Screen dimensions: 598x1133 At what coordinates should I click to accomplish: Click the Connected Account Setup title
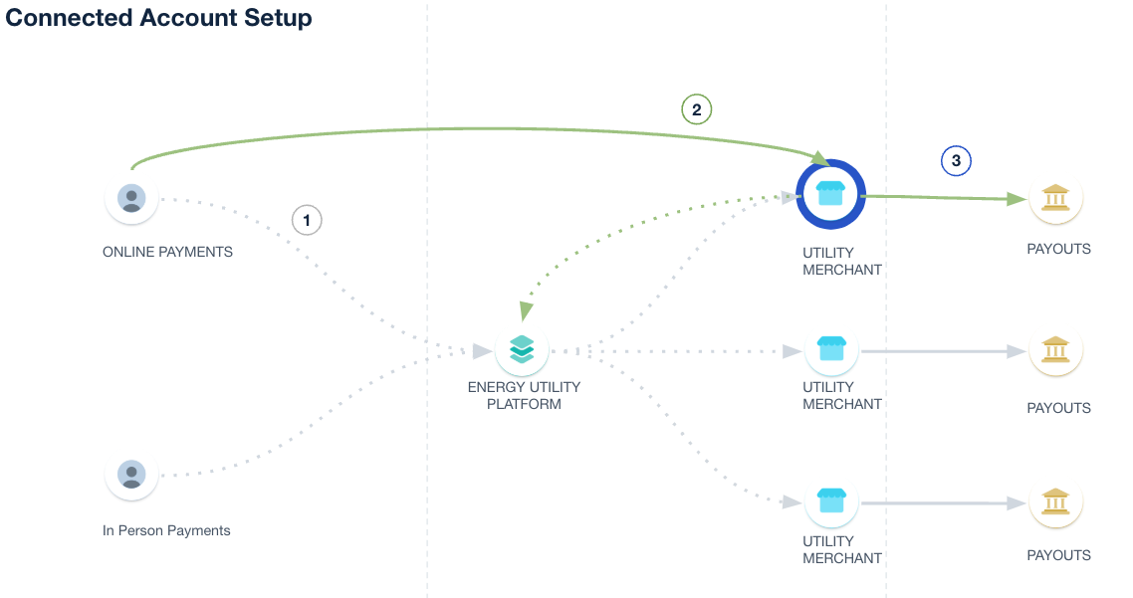coord(159,18)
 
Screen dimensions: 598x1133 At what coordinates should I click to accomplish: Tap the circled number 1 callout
coord(307,220)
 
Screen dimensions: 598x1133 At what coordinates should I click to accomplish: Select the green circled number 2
coord(697,109)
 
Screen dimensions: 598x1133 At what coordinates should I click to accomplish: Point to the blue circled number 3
coord(956,160)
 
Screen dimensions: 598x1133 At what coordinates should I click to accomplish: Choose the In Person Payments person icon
coord(131,474)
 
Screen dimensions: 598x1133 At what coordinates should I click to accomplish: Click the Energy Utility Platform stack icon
coord(522,349)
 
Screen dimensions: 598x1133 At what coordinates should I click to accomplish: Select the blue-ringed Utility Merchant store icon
coord(831,194)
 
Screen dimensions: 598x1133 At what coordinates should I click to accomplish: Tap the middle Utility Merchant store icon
coord(831,349)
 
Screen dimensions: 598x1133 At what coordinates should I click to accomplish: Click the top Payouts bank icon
coord(1055,198)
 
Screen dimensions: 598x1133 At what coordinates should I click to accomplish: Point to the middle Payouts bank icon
coord(1055,349)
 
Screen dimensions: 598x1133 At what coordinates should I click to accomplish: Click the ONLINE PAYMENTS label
coord(167,253)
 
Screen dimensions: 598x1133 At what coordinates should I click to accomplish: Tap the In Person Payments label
coord(166,531)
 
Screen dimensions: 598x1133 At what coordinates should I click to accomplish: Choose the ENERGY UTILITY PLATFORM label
coord(524,396)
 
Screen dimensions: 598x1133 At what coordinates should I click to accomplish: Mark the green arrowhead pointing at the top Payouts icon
coord(1017,199)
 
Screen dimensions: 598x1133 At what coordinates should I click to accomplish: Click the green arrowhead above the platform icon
coord(527,311)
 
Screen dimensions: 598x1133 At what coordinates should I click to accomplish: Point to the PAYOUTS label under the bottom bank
coord(1058,555)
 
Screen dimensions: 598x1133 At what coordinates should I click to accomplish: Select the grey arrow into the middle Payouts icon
coord(1016,350)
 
